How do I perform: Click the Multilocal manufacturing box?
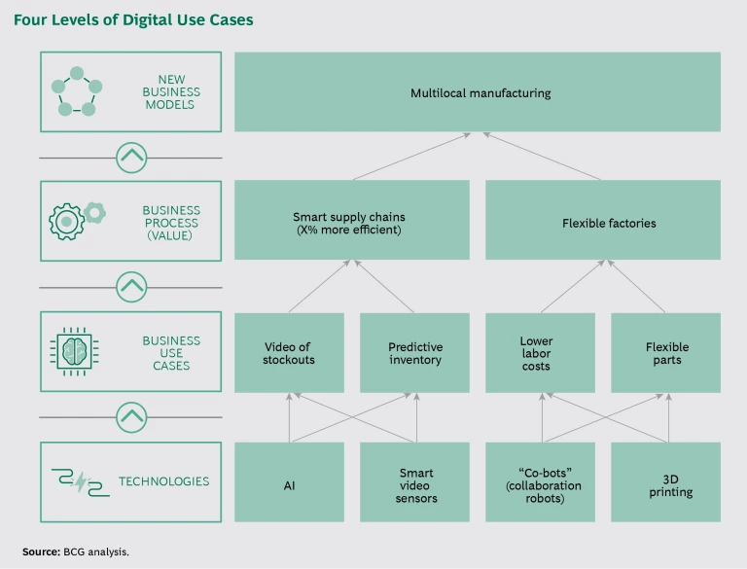click(478, 92)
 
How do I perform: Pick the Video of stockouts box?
click(289, 352)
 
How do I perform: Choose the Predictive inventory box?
click(414, 352)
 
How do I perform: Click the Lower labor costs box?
click(540, 352)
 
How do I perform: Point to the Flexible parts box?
click(665, 352)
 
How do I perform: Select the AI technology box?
click(289, 481)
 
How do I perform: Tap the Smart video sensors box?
click(414, 481)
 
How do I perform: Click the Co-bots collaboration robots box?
click(540, 481)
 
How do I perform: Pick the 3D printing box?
click(665, 481)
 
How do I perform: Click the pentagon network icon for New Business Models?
click(75, 92)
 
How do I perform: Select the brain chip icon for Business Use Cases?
click(75, 352)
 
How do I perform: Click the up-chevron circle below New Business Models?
click(131, 157)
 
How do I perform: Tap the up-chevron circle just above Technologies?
click(131, 417)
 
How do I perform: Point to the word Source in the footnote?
click(41, 551)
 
